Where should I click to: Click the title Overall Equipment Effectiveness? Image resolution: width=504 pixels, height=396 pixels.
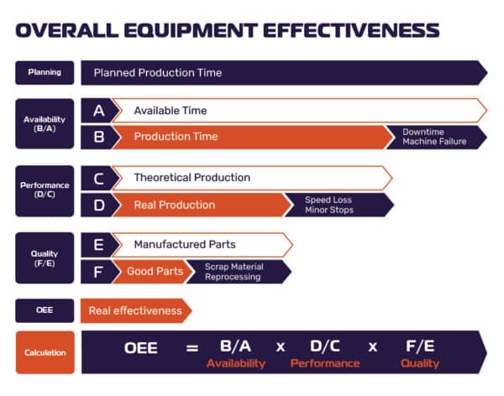[227, 31]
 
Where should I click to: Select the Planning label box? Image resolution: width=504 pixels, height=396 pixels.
[45, 73]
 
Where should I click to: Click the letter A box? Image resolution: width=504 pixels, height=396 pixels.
[98, 111]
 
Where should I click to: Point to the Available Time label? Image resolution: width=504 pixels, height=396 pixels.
[171, 111]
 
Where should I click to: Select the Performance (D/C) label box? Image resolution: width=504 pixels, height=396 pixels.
[45, 191]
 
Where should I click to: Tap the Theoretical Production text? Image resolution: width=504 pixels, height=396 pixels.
[192, 178]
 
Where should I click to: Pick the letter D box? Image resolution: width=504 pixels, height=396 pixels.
[98, 205]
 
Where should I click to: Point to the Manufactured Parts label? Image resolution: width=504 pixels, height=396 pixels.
[185, 245]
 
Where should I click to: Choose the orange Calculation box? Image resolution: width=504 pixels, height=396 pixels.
[45, 352]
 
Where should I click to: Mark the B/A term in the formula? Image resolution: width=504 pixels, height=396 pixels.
[236, 346]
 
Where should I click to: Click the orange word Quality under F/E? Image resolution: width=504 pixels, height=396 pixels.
[419, 364]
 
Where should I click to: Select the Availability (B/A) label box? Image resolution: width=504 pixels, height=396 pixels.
[45, 124]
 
